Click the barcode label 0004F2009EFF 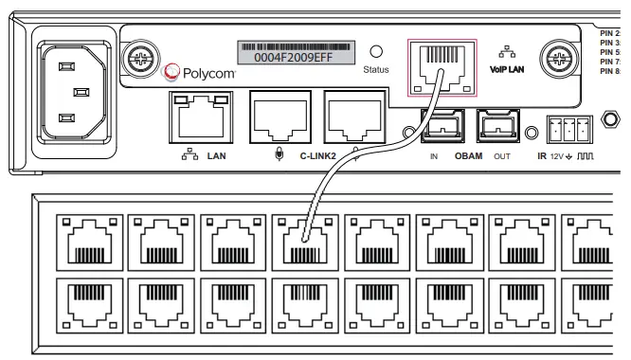point(294,53)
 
